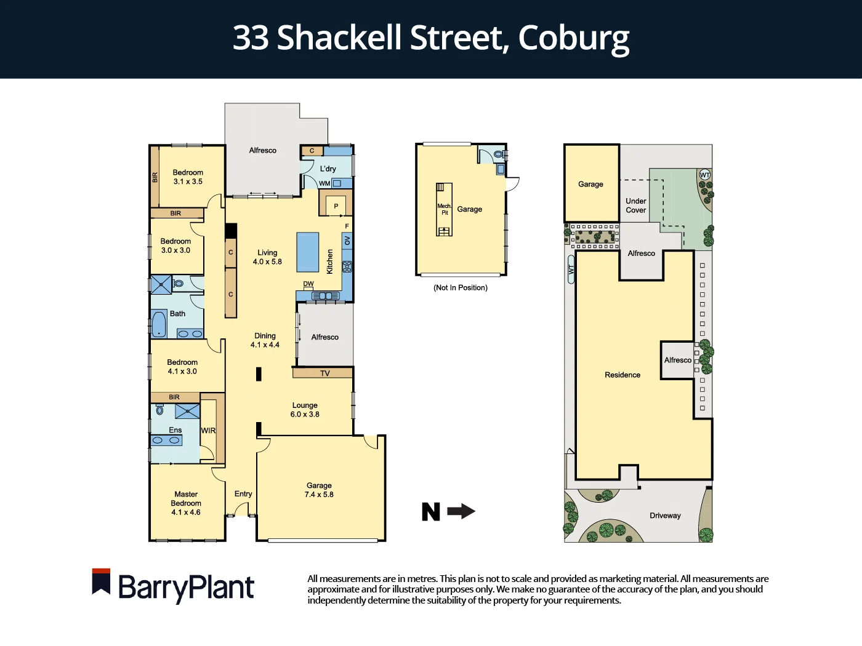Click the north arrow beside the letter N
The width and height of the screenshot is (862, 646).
point(461,511)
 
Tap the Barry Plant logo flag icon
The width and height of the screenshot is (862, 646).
point(101,581)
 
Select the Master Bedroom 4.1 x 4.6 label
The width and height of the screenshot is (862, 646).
point(186,503)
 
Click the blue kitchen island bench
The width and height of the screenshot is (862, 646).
point(308,252)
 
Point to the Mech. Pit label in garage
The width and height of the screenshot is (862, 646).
point(445,209)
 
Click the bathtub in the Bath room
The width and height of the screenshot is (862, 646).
point(159,324)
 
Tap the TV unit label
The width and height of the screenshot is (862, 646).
point(325,373)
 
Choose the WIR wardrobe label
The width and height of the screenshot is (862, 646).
point(208,431)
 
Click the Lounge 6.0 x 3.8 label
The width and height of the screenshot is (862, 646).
point(305,410)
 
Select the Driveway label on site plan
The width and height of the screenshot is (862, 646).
point(665,516)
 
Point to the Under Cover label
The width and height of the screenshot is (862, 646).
point(636,205)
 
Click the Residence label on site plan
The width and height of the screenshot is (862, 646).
point(622,375)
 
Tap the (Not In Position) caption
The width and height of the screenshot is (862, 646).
point(461,288)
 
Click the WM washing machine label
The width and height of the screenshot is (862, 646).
point(324,183)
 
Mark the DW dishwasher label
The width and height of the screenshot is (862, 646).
point(308,284)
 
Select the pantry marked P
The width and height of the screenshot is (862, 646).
point(336,206)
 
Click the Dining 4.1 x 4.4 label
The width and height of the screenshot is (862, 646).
point(265,340)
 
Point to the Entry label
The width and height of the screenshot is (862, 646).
point(243,493)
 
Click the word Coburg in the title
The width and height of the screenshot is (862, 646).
point(573,38)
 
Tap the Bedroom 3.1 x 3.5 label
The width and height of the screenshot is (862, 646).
point(188,177)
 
